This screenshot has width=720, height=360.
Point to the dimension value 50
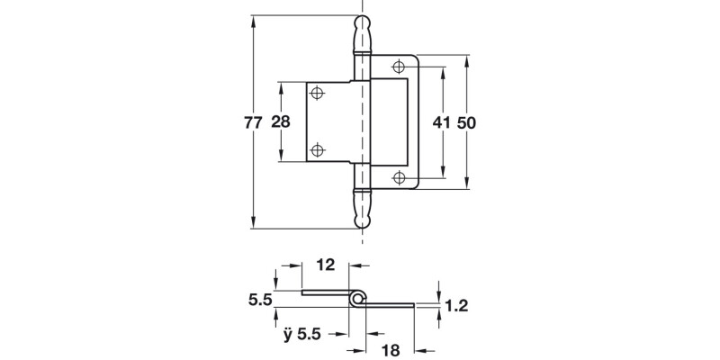465,123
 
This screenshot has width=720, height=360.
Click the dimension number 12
325,265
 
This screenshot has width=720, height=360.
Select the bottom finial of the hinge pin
362,211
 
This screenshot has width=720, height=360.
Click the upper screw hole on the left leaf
318,92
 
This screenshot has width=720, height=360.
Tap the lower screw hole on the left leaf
318,150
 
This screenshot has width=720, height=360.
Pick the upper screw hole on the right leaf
398,65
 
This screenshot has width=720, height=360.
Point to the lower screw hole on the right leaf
398,177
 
